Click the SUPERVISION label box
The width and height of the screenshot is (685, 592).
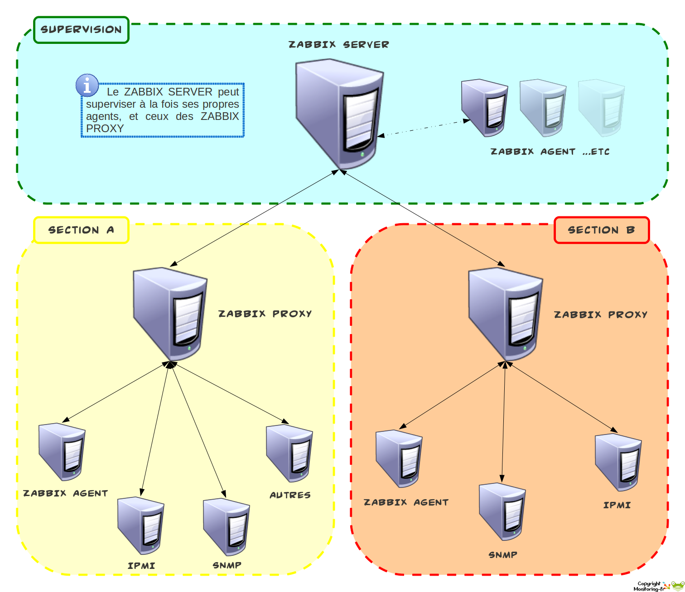[x=82, y=30]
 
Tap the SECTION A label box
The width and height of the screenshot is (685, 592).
[x=82, y=230]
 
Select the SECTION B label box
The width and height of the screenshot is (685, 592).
[x=602, y=230]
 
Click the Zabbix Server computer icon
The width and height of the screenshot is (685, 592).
[x=339, y=113]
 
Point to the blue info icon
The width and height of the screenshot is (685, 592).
[x=87, y=86]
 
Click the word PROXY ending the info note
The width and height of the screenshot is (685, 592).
[x=105, y=129]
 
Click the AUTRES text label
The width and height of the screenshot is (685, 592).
[x=290, y=495]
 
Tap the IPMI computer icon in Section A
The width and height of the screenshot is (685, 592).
[x=140, y=525]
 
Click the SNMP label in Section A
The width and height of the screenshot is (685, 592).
[x=227, y=565]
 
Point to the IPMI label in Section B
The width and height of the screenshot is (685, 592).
[x=617, y=505]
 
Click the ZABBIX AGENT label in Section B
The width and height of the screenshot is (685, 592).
[x=406, y=502]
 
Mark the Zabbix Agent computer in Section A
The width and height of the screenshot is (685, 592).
[x=62, y=451]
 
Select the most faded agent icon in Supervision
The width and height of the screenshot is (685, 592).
[x=602, y=108]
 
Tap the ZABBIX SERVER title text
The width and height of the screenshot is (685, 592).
[x=339, y=44]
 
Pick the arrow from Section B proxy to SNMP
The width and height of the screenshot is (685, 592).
[x=503, y=421]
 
